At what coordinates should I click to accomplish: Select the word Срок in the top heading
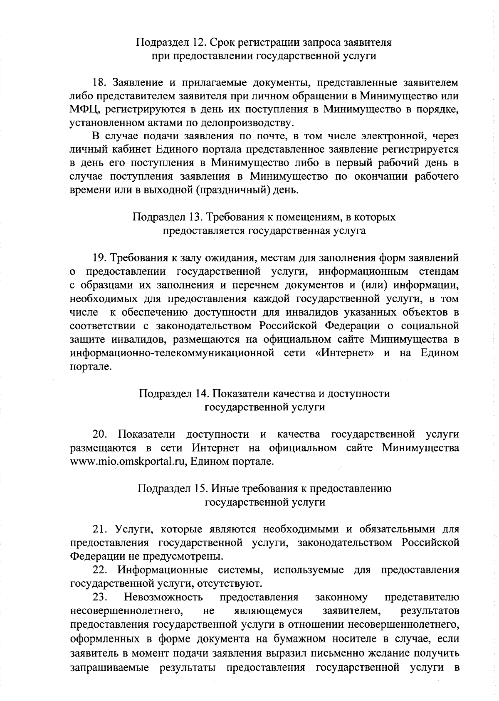point(224,42)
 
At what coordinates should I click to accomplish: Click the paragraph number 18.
point(100,82)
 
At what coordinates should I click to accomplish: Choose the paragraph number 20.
point(100,434)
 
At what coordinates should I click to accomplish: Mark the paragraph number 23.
point(100,597)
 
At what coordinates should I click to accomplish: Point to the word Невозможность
point(163,597)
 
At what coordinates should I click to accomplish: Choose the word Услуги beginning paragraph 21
point(131,529)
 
